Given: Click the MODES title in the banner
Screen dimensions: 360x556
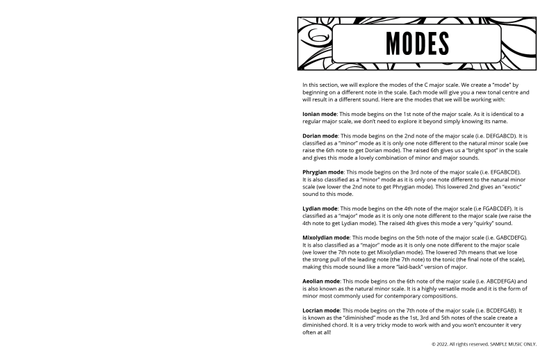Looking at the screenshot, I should pos(417,44).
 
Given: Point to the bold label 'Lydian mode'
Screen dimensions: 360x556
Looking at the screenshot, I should pos(319,208).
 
